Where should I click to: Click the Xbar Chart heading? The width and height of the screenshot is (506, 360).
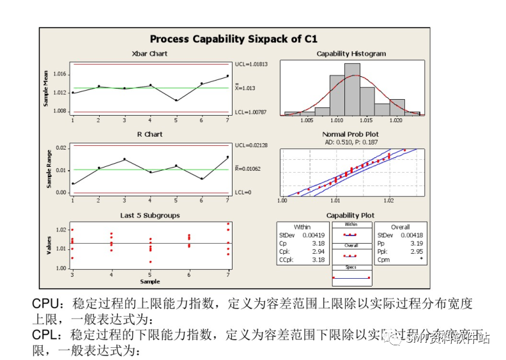(x=149, y=54)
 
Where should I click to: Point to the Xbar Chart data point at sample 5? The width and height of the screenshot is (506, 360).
(x=176, y=100)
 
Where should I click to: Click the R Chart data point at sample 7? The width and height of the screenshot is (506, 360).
(x=227, y=157)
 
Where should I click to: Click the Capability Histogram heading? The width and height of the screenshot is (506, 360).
(x=351, y=54)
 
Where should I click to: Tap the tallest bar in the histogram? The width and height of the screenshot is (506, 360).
(x=352, y=88)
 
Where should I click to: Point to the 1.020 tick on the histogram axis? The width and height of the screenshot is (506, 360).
(x=396, y=120)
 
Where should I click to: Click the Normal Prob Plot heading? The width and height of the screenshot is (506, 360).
(x=351, y=134)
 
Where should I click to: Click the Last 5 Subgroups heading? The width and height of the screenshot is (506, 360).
(x=149, y=215)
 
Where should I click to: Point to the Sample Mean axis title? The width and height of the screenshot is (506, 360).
(x=46, y=88)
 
